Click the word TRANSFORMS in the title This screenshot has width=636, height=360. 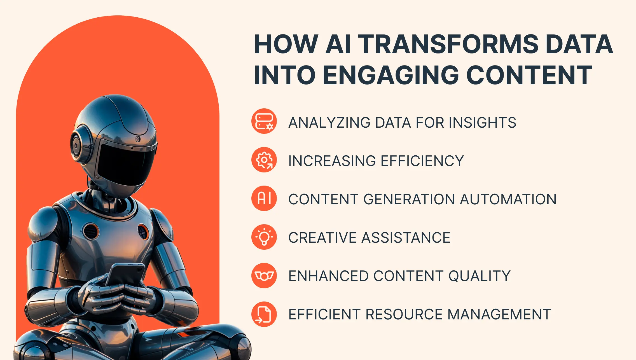point(448,44)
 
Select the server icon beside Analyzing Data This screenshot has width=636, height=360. point(264,121)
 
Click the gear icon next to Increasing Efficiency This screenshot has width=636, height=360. point(264,160)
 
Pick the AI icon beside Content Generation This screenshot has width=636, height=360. point(264,198)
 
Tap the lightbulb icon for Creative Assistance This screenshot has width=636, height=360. point(264,237)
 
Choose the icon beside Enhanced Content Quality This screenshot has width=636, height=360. point(264,275)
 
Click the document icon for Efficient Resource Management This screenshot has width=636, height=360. point(264,314)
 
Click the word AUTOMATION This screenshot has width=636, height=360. point(508,199)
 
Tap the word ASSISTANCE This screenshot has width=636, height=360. point(406,238)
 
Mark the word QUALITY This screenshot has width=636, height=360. point(480,276)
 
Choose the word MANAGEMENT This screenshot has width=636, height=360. point(499,314)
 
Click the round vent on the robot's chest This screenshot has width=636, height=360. point(90,231)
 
